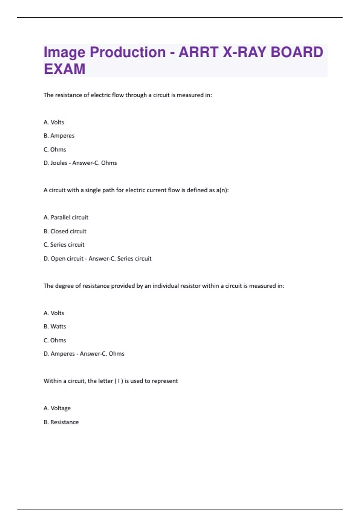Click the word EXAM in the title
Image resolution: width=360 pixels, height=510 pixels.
pos(64,69)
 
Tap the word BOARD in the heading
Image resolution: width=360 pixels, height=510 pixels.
pos(297,52)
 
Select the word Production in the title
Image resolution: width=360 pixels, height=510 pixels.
pos(127,52)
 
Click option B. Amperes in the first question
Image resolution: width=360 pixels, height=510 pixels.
pos(59,136)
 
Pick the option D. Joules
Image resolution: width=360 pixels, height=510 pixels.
pos(55,163)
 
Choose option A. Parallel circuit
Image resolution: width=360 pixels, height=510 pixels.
pos(66,217)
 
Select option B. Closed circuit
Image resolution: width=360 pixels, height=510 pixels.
pos(65,231)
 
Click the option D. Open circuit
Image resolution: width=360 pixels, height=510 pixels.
pos(63,259)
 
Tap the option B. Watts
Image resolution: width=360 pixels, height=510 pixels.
pos(55,326)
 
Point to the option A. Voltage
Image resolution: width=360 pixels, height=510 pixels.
pos(57,408)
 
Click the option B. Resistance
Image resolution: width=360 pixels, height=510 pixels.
pos(61,422)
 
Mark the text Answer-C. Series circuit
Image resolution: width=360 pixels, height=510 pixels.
pos(120,259)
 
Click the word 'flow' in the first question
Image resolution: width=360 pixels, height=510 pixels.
pos(118,95)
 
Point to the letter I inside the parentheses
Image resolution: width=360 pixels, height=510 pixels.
pos(119,381)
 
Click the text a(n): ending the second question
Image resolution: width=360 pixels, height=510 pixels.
pos(222,190)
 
